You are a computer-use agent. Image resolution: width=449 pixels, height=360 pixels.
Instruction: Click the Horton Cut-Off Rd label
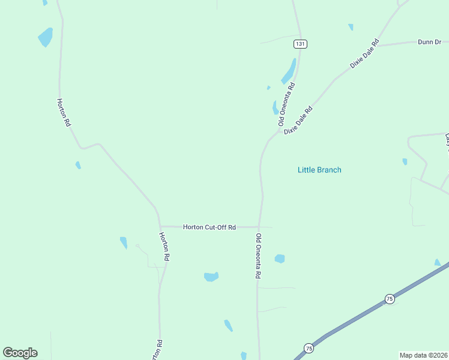(x=209, y=227)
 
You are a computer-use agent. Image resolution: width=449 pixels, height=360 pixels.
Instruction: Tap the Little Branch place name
(x=319, y=170)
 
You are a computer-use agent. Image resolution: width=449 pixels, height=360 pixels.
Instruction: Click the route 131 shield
(x=300, y=44)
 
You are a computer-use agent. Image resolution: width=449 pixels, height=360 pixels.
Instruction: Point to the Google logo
(x=20, y=353)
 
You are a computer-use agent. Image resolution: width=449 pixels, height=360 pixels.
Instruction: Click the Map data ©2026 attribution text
(x=423, y=355)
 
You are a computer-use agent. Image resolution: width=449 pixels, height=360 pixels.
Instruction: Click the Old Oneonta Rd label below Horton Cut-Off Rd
(x=259, y=256)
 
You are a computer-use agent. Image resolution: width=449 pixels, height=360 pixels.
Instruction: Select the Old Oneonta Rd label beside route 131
(x=287, y=103)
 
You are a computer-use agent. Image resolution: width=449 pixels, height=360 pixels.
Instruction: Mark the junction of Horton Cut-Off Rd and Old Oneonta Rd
(x=260, y=227)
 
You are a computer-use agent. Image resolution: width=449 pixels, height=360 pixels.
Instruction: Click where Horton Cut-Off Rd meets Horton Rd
(x=160, y=226)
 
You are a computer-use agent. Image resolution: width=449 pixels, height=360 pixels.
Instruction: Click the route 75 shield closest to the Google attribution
(x=390, y=299)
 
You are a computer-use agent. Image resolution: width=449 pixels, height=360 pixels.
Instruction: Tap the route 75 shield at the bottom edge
(x=309, y=348)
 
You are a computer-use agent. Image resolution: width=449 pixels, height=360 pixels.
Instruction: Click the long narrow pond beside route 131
(x=289, y=72)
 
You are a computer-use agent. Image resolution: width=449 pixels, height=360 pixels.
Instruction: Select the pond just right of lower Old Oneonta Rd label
(x=279, y=259)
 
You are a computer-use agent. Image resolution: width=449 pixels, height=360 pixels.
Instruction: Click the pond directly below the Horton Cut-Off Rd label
(x=211, y=277)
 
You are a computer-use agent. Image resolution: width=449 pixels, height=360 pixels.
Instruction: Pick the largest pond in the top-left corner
(x=46, y=37)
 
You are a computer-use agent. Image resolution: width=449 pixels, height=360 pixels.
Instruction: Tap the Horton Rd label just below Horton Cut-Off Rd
(x=164, y=246)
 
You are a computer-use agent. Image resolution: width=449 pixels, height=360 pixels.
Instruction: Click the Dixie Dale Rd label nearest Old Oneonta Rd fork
(x=299, y=120)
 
